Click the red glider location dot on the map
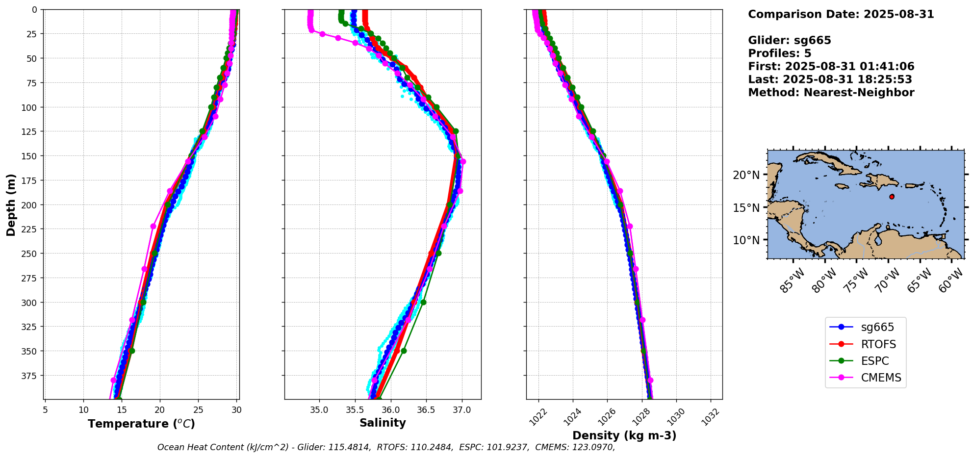pyautogui.click(x=892, y=197)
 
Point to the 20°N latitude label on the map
pyautogui.click(x=746, y=175)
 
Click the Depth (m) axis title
pyautogui.click(x=11, y=204)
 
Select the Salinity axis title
pyautogui.click(x=383, y=423)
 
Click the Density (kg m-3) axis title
pyautogui.click(x=624, y=435)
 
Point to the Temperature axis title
pyautogui.click(x=141, y=424)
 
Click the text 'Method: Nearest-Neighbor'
pyautogui.click(x=831, y=93)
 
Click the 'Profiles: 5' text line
pyautogui.click(x=779, y=53)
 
